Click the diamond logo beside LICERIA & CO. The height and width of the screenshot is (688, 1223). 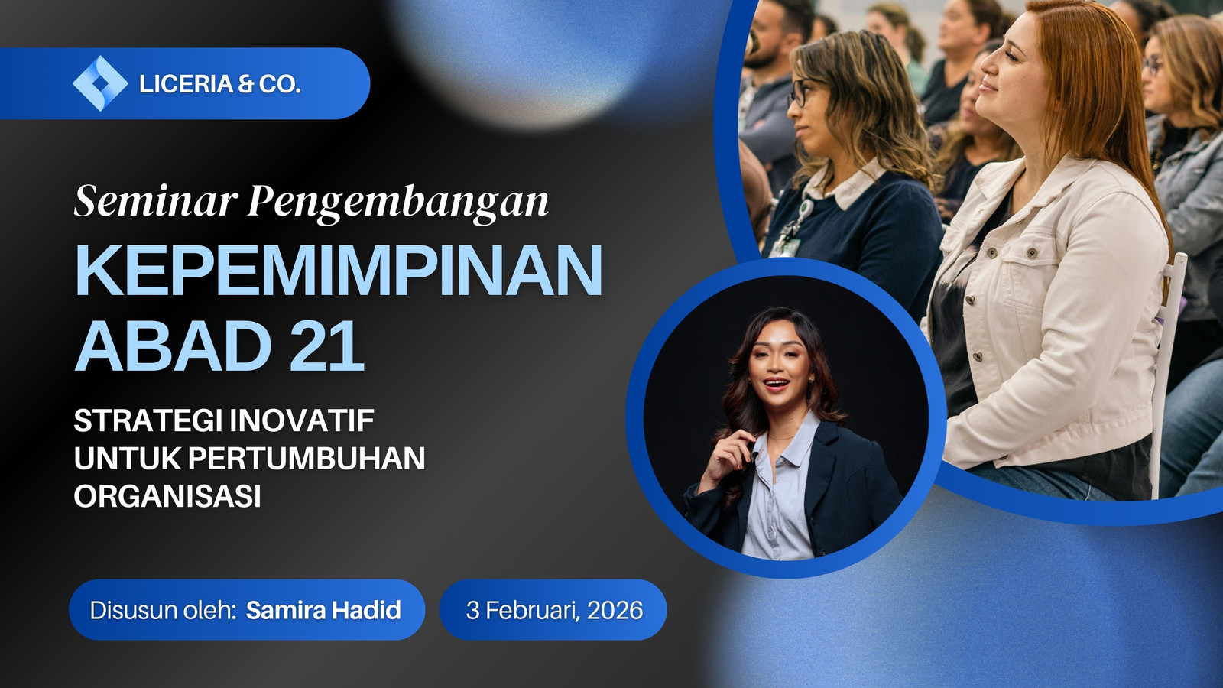100,83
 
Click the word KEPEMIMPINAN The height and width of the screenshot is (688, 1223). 339,271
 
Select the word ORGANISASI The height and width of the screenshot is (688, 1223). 167,496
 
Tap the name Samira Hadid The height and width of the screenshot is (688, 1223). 323,610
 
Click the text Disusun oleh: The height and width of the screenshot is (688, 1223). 163,611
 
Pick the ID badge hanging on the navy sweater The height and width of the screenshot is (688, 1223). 787,245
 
